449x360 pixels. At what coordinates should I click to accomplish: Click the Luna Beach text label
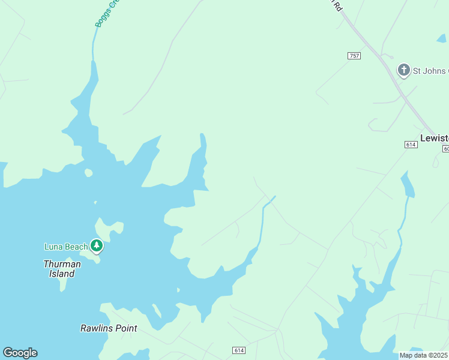[x=66, y=247]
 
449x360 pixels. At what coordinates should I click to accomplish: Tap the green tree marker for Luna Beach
[x=97, y=245]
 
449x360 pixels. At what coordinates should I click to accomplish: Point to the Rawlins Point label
[x=109, y=328]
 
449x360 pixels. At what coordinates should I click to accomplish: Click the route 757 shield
[x=354, y=56]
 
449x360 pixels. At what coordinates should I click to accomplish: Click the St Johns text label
[x=430, y=71]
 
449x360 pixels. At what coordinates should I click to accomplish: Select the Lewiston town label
[x=435, y=137]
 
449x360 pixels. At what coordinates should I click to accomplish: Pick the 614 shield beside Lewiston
[x=411, y=145]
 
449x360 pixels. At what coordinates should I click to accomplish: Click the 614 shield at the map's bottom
[x=239, y=350]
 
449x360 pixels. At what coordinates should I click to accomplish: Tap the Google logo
[x=20, y=353]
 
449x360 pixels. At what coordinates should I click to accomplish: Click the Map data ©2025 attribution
[x=424, y=355]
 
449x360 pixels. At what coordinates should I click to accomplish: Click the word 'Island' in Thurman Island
[x=62, y=274]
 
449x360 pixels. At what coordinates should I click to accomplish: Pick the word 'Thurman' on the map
[x=62, y=264]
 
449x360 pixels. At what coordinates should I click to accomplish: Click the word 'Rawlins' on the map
[x=96, y=328]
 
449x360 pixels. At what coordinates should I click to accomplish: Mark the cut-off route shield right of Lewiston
[x=446, y=148]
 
